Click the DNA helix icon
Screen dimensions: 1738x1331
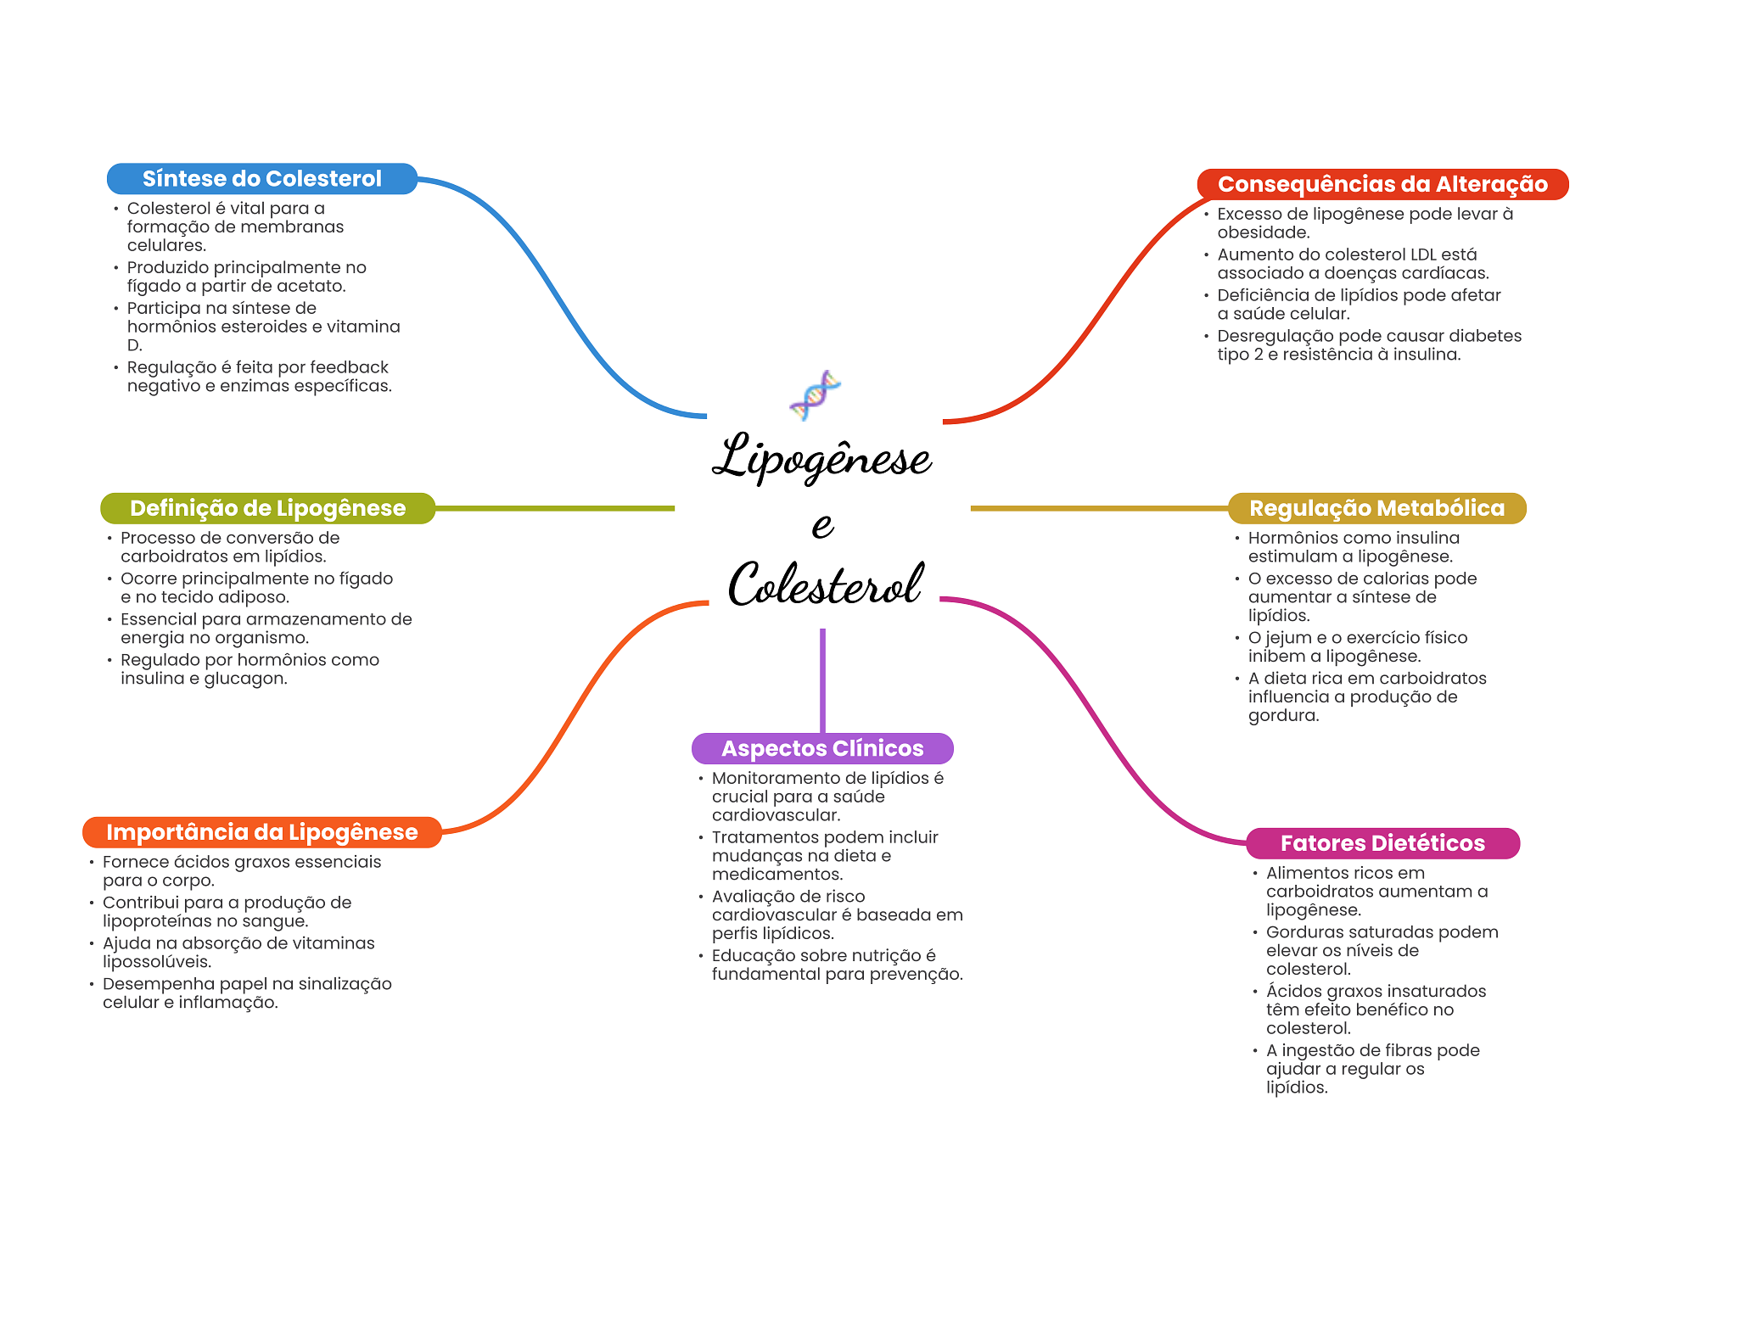point(815,395)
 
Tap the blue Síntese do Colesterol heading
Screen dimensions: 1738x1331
point(262,179)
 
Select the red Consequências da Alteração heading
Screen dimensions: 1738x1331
point(1382,184)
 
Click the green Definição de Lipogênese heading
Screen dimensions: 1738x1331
point(267,508)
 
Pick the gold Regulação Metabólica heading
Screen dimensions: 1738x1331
point(1376,508)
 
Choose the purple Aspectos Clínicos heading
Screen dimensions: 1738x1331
point(822,748)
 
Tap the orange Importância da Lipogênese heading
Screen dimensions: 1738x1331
point(262,832)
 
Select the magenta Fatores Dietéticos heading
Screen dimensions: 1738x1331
point(1382,843)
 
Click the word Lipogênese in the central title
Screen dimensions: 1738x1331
point(821,456)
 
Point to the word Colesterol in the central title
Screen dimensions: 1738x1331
point(826,584)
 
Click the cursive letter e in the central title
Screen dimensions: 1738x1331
point(822,525)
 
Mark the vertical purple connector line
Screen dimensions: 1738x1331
point(822,680)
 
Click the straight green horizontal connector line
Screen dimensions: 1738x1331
point(555,508)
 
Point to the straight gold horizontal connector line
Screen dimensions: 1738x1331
point(1099,508)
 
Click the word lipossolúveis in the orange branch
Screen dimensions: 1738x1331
point(157,962)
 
